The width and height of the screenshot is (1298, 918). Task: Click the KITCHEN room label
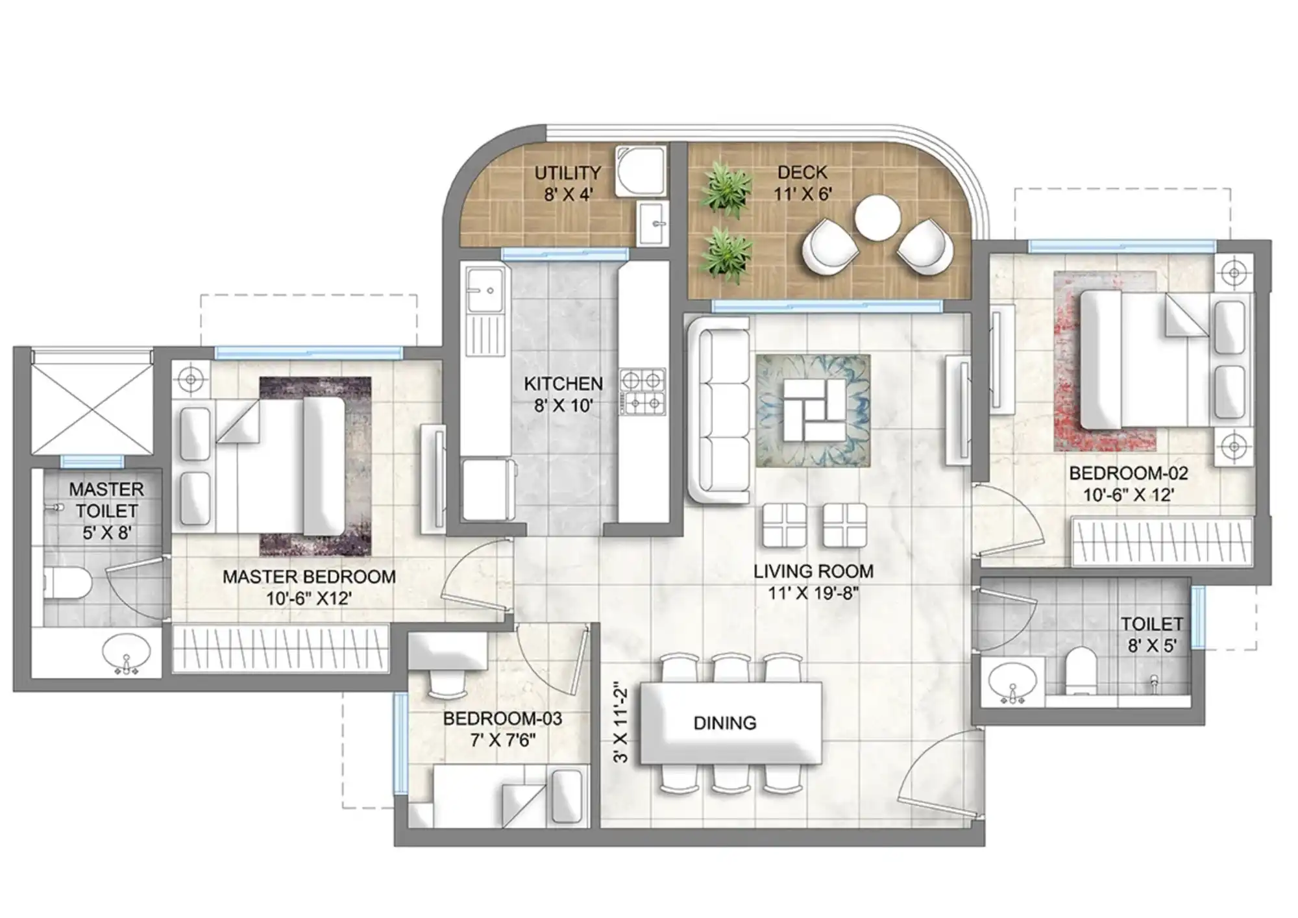tap(563, 383)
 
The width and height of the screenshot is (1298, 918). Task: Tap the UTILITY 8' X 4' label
tap(568, 183)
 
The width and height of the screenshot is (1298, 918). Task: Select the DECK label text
tap(802, 172)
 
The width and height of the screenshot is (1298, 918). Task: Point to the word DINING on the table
tap(725, 723)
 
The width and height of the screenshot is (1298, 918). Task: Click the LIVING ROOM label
tap(813, 571)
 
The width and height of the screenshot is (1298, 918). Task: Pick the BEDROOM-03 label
tap(502, 719)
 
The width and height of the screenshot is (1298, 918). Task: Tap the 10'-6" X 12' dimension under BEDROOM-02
tap(1129, 495)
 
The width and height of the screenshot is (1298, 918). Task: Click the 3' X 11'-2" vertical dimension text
tap(621, 721)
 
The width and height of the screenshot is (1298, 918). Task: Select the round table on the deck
tap(877, 218)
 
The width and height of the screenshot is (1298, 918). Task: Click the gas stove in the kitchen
tap(643, 392)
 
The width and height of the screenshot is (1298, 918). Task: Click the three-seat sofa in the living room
tap(718, 409)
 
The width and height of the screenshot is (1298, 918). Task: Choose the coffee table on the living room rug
tap(814, 410)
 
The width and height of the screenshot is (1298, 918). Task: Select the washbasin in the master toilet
tap(126, 652)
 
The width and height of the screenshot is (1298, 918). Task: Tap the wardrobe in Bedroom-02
tap(1162, 541)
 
